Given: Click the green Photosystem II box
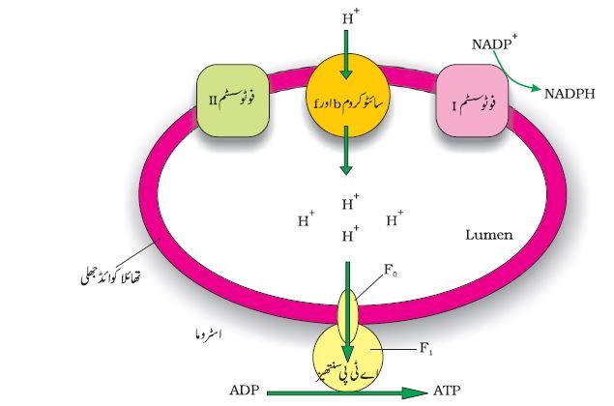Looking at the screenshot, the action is pos(233,101).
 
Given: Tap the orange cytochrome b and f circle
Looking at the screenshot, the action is pos(347,96).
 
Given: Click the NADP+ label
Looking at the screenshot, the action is pos(494,43).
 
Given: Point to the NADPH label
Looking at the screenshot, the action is pos(570,94).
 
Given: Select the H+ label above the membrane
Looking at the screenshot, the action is pos(350,16).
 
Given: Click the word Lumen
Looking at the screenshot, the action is pos(488,235).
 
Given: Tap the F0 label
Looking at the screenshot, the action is pos(391,270).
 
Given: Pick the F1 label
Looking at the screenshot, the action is pos(426,348).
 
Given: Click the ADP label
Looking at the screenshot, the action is pos(245,391).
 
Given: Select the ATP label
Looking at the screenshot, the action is pos(447,391).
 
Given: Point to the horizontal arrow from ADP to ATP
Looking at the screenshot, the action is pos(347,392).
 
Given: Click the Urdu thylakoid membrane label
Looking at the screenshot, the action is pos(111,275).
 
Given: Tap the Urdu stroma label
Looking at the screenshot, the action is pos(208,334).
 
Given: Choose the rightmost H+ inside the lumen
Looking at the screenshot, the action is pos(395,218).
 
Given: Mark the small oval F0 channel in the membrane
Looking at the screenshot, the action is pos(348,315).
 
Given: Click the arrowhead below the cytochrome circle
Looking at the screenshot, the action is pos(346,169).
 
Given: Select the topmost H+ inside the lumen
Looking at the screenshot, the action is pos(350,202).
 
